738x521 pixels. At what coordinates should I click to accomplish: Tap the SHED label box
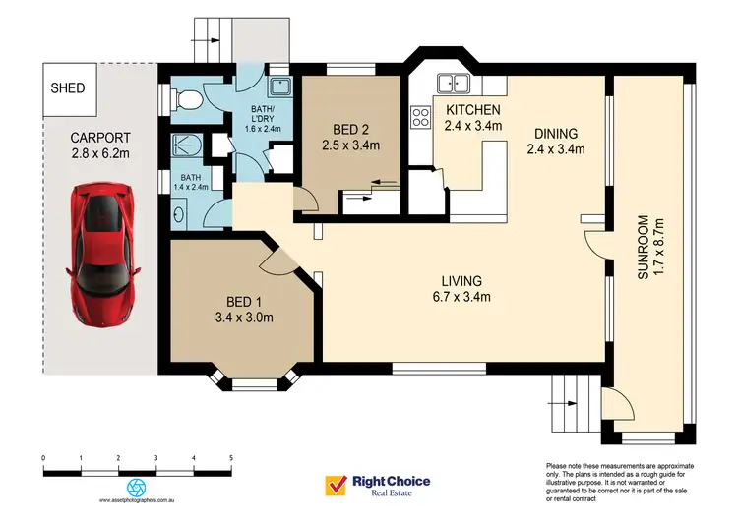point(68,87)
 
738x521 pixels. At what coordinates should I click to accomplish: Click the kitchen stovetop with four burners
point(420,118)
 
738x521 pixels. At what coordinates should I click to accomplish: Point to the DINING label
point(556,134)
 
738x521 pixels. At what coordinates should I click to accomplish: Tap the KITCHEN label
point(474,109)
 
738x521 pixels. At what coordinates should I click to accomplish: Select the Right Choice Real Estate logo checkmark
point(336,486)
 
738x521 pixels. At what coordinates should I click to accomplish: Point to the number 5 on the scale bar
point(230,458)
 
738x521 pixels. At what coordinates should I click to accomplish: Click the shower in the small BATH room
point(186,146)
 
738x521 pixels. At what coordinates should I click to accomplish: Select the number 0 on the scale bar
point(44,458)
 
